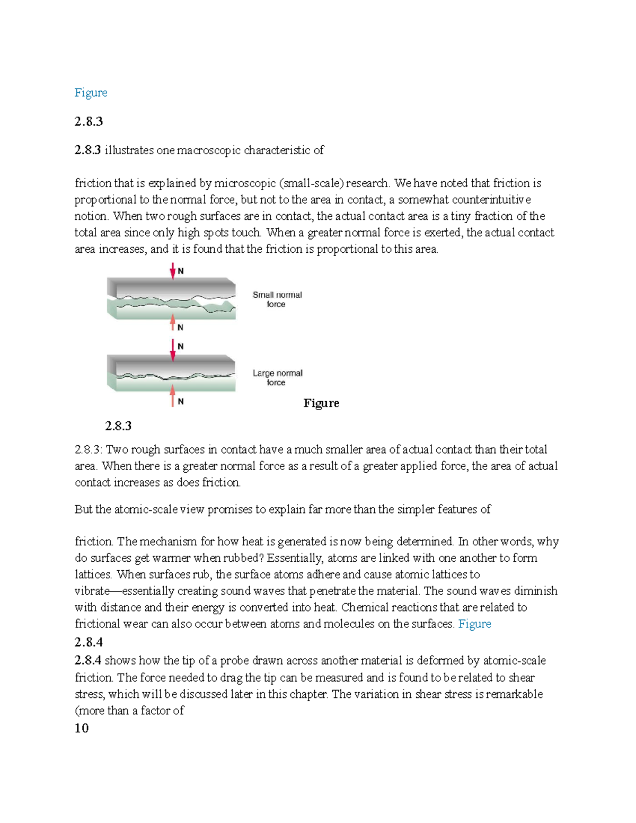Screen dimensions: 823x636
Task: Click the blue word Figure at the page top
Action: click(91, 93)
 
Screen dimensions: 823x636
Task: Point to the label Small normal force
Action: click(277, 299)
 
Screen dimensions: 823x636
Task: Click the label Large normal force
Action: click(277, 378)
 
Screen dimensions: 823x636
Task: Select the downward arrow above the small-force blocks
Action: click(172, 271)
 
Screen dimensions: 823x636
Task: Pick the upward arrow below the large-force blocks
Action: click(172, 396)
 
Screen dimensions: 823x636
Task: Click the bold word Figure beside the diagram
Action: click(321, 403)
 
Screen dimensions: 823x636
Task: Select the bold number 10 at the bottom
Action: click(82, 729)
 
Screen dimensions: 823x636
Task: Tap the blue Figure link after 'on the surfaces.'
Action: click(474, 624)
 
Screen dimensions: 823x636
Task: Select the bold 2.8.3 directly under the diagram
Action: click(118, 426)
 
